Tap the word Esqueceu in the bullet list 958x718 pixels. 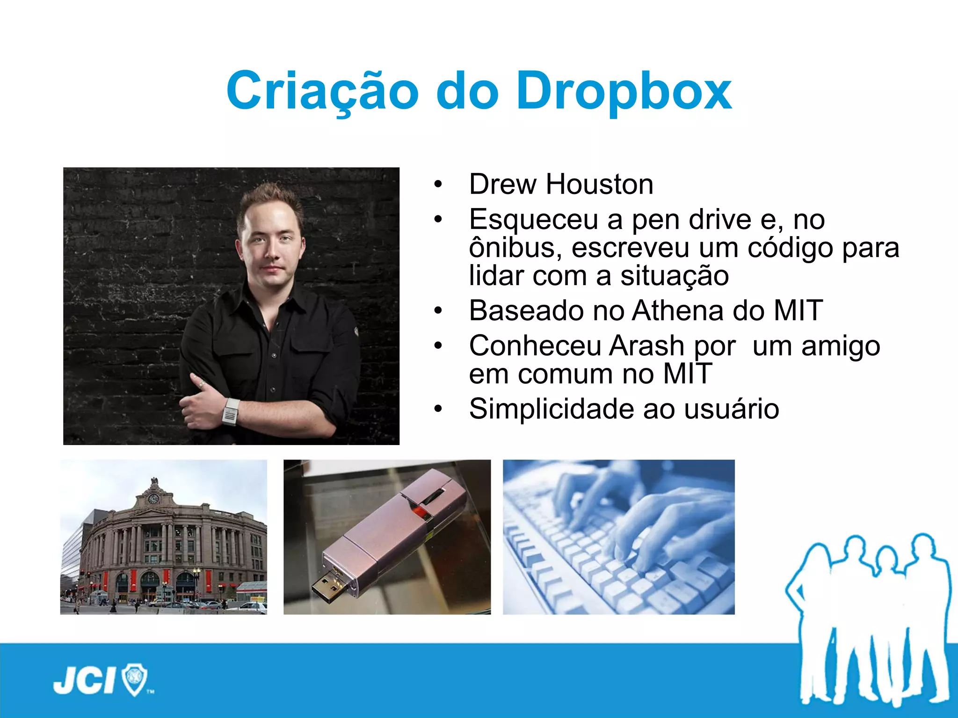click(533, 220)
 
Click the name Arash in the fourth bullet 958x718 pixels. click(646, 346)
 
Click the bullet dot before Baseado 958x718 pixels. click(438, 311)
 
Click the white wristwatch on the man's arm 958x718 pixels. click(230, 412)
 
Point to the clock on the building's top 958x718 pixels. click(153, 499)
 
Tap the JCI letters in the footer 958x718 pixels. click(84, 681)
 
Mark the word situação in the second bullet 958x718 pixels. click(674, 276)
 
